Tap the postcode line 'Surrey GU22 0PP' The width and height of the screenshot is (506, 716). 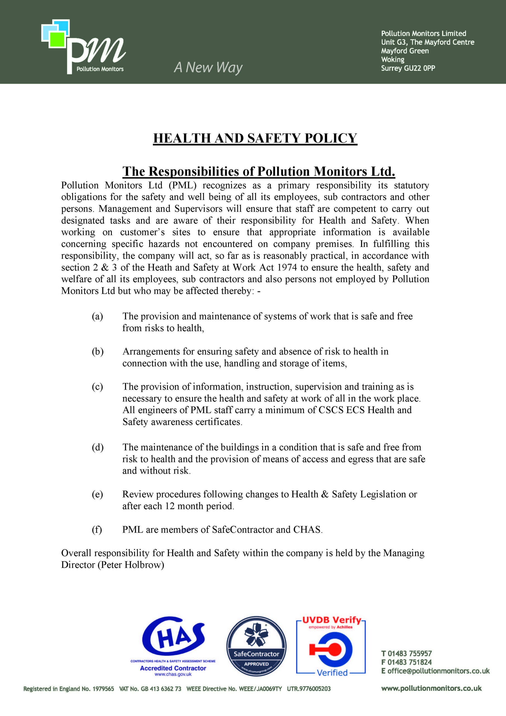[408, 68]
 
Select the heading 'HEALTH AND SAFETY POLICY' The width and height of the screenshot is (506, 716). [255, 138]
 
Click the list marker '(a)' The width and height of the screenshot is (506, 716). [97, 317]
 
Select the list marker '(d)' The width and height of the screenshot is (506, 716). [97, 447]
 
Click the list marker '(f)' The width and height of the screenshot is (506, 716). [97, 529]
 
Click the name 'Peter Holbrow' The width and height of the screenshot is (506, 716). [131, 565]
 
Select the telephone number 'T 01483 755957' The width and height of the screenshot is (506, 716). [406, 654]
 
